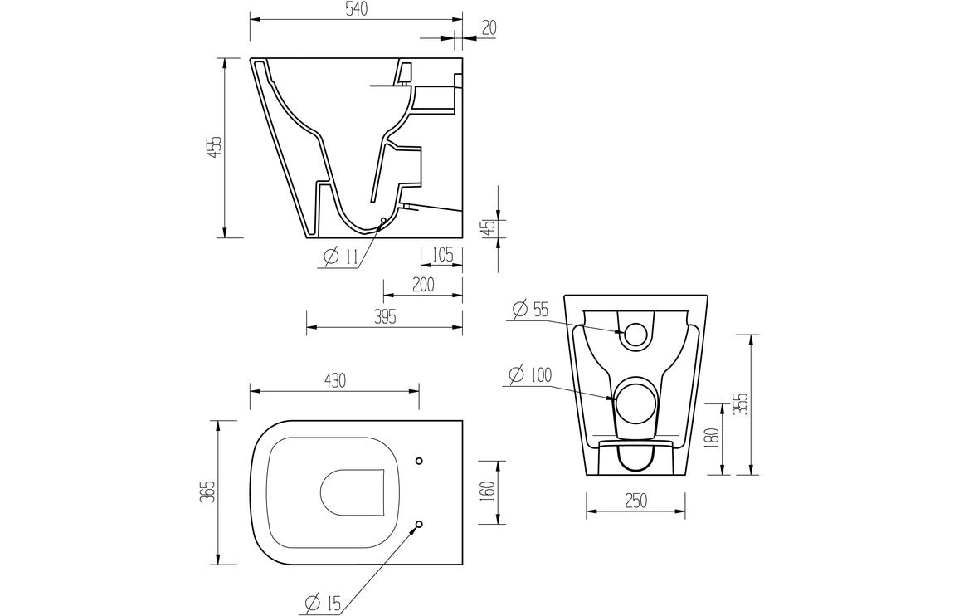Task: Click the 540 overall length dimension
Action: (355, 9)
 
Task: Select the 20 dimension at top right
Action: (489, 27)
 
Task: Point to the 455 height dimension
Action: (214, 147)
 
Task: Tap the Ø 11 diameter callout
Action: (340, 257)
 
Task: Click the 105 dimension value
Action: (441, 255)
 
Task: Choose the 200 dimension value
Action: (423, 285)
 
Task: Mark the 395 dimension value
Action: (384, 316)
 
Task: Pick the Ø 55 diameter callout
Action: (531, 310)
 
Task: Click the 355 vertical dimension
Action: (742, 403)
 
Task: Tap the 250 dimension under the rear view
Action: (635, 501)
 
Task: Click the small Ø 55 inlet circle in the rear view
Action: (635, 334)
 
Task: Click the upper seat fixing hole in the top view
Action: (419, 460)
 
